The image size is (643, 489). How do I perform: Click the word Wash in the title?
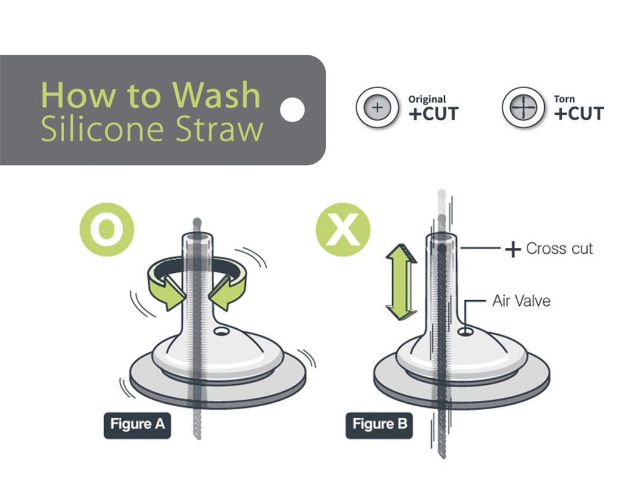217,95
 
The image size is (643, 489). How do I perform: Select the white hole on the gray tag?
292,110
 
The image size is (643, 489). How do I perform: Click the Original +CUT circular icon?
377,108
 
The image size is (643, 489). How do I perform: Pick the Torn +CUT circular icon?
523,108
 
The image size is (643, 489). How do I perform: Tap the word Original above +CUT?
427,99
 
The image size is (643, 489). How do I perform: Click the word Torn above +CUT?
564,99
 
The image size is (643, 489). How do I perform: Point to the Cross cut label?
560,248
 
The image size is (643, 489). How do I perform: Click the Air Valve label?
522,301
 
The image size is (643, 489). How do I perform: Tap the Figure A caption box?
138,425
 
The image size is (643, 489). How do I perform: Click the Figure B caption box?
379,425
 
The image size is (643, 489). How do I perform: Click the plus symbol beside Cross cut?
513,249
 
